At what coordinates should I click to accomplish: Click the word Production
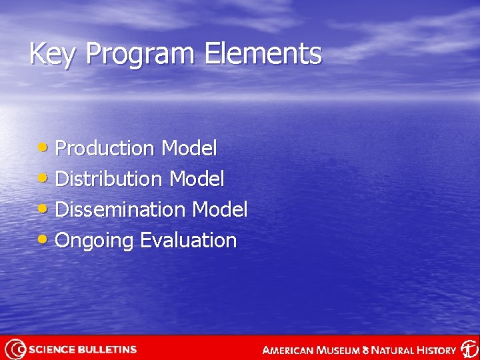coord(105,148)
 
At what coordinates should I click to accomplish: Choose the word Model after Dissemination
coord(219,209)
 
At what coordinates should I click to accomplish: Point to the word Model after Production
coord(189,148)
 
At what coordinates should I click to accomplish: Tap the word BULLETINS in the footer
coord(108,349)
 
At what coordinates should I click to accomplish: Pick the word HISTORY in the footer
coord(433,350)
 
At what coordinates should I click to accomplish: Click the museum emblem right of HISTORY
coord(469,349)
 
